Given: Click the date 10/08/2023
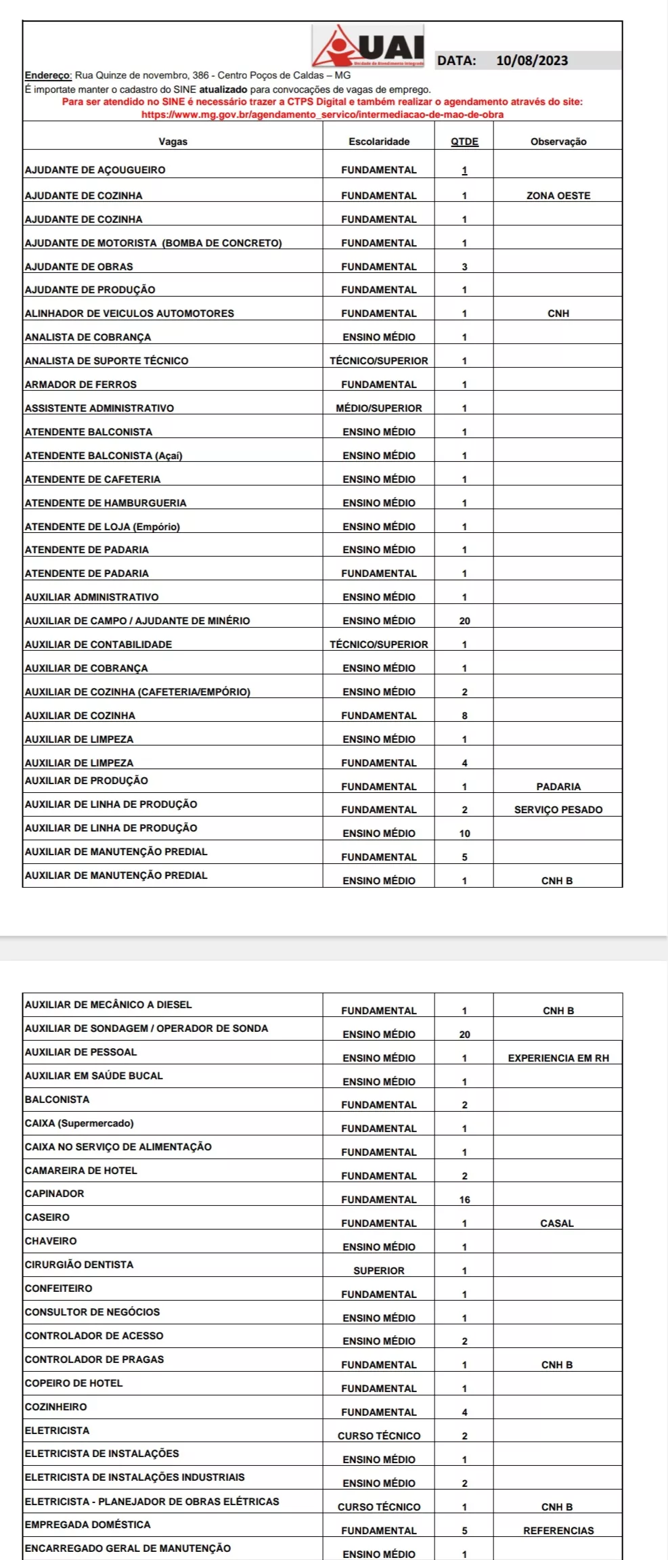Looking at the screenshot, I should click(532, 60).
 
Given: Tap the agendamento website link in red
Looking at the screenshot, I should click(322, 114).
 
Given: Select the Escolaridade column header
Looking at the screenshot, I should click(379, 142).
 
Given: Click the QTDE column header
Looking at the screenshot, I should click(464, 142).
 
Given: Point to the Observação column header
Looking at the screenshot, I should click(558, 142).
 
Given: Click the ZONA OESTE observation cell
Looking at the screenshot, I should click(558, 196).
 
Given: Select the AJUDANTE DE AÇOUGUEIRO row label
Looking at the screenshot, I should click(95, 170).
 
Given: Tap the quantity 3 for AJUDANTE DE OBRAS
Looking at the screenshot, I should click(464, 267).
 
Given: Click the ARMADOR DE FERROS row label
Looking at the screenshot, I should click(81, 385).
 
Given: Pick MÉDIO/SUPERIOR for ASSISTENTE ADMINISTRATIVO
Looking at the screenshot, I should click(379, 408).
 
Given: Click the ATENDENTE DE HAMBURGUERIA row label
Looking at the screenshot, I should click(106, 503).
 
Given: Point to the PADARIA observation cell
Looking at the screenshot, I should click(558, 787).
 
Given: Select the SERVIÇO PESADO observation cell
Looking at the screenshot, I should click(558, 810).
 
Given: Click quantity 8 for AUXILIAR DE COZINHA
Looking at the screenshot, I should click(464, 716).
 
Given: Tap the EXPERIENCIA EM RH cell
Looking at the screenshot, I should click(558, 1058).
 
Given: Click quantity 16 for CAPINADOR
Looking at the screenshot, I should click(464, 1200).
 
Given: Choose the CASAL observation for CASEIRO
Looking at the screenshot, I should click(557, 1223).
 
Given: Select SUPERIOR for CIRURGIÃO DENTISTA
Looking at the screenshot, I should click(379, 1271).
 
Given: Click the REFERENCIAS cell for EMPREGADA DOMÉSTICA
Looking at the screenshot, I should click(558, 1530).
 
